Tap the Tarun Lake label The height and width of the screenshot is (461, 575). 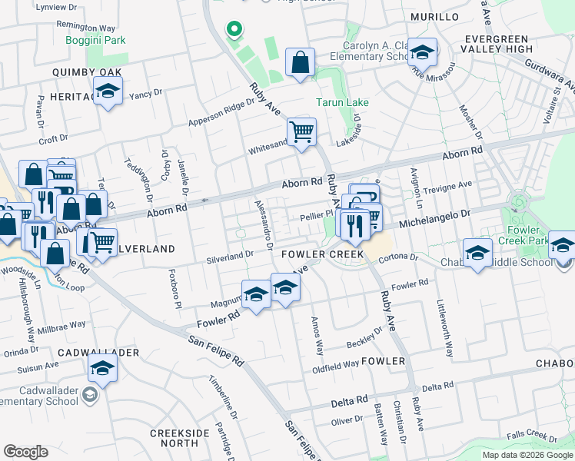click(342, 102)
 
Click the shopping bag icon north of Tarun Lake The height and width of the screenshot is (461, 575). click(301, 63)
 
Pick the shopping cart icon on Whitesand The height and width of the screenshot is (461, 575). click(301, 131)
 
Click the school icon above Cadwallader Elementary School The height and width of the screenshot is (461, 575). click(101, 369)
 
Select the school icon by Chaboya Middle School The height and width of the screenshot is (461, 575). click(477, 253)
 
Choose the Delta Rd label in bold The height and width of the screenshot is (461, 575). click(349, 402)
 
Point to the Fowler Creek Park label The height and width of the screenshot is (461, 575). click(539, 235)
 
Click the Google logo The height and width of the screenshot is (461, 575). click(26, 451)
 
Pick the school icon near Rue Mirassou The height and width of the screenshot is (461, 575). click(422, 51)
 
